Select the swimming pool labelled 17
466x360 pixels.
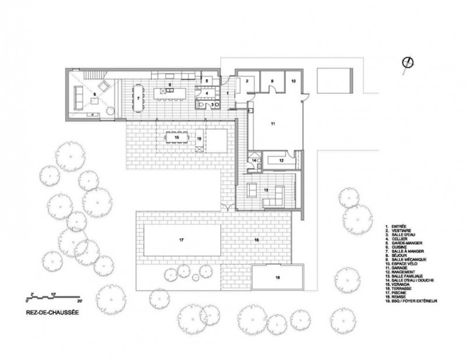point(182,240)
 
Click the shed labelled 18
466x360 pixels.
point(278,278)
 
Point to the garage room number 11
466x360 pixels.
point(272,124)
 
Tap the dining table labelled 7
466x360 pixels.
point(139,98)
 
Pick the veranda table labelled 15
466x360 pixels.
point(176,137)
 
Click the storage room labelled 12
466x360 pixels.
point(280,159)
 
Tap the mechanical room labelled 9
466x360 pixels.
point(271,81)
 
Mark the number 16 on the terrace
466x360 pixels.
point(256,239)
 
